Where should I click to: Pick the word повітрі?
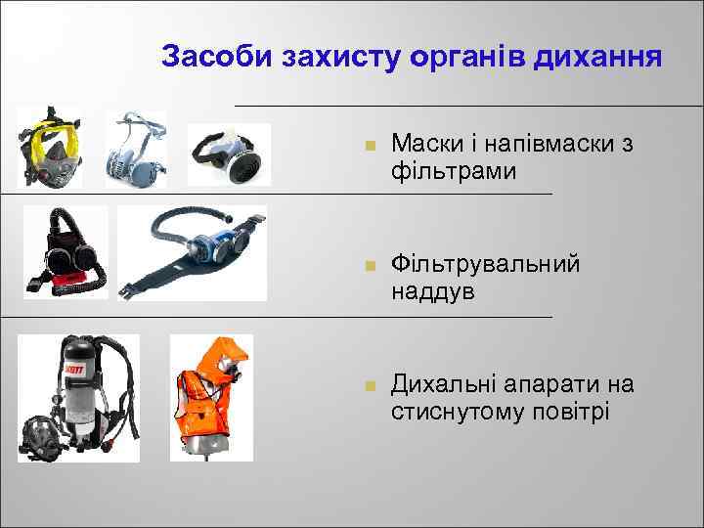coord(569,411)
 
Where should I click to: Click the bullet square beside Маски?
coord(368,147)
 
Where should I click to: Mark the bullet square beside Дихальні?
coord(368,386)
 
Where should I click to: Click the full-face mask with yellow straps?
coord(50,149)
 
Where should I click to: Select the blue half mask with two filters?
coord(136,149)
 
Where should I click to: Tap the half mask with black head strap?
coord(228,154)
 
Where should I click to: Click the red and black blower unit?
coord(65,252)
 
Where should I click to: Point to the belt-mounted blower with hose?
coord(192,251)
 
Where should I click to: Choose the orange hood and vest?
coord(210,396)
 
